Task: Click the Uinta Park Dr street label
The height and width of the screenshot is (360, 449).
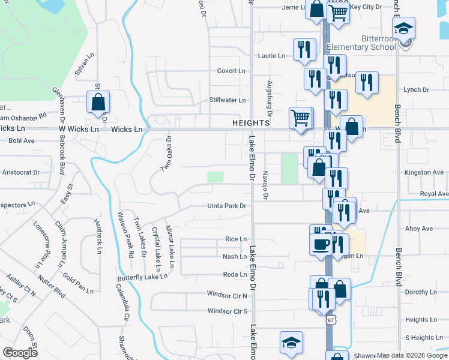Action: (x=227, y=206)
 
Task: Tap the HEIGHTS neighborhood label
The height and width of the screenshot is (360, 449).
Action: (x=251, y=123)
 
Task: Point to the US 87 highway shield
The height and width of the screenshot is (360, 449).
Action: (x=330, y=320)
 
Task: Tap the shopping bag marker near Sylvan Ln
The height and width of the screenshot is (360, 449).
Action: (x=98, y=103)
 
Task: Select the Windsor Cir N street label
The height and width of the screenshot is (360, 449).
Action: (x=228, y=296)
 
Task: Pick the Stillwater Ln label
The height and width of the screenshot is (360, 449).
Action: (x=228, y=100)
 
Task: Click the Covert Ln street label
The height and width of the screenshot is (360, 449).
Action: (x=232, y=71)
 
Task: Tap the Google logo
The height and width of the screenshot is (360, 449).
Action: (x=20, y=353)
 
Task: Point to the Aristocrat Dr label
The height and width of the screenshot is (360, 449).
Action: (x=21, y=172)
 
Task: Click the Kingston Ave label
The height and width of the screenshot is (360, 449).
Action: (x=424, y=172)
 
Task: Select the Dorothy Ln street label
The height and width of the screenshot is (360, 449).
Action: (x=424, y=292)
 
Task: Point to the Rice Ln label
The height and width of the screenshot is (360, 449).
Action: (x=236, y=239)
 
